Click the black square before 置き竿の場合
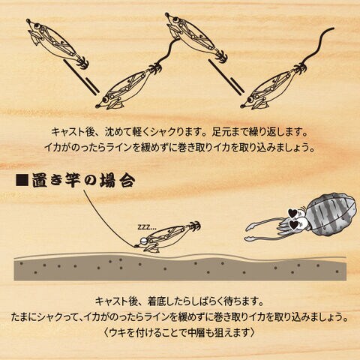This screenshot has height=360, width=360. coord(22,180)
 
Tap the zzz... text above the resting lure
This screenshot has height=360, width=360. coord(147,227)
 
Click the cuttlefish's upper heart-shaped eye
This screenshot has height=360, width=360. coord(292,212)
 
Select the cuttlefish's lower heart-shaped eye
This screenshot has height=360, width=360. coord(294,224)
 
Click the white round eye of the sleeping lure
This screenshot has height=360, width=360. coord(144,241)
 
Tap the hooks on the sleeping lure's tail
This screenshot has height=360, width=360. coord(193,226)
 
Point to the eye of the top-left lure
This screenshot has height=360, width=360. coord(37,25)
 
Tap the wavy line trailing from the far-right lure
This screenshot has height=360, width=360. coord(318,46)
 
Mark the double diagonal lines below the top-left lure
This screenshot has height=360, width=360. coord(81,77)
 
